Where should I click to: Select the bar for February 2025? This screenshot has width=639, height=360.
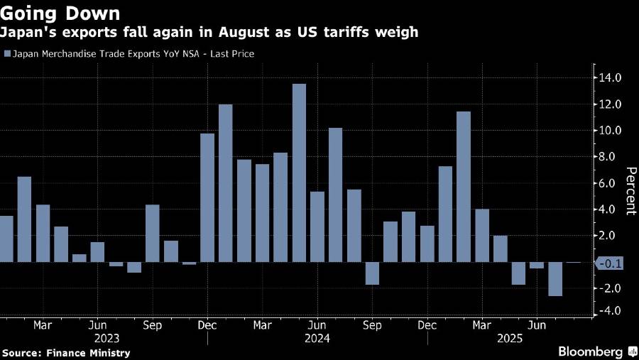[464, 187]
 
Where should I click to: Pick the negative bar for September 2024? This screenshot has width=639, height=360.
[372, 273]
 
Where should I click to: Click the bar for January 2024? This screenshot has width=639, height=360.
[226, 183]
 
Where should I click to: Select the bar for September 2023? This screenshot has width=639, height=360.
[152, 234]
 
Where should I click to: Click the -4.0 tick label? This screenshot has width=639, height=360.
[610, 311]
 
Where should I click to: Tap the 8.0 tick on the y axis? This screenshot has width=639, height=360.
[612, 157]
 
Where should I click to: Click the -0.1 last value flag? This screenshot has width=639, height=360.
[610, 263]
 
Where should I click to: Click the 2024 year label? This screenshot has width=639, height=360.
[317, 339]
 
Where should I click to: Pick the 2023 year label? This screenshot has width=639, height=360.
[106, 339]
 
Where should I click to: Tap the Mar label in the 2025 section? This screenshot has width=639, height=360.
[482, 325]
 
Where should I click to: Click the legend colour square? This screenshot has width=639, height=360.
[6, 54]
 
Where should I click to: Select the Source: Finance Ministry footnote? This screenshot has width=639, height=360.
[66, 352]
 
